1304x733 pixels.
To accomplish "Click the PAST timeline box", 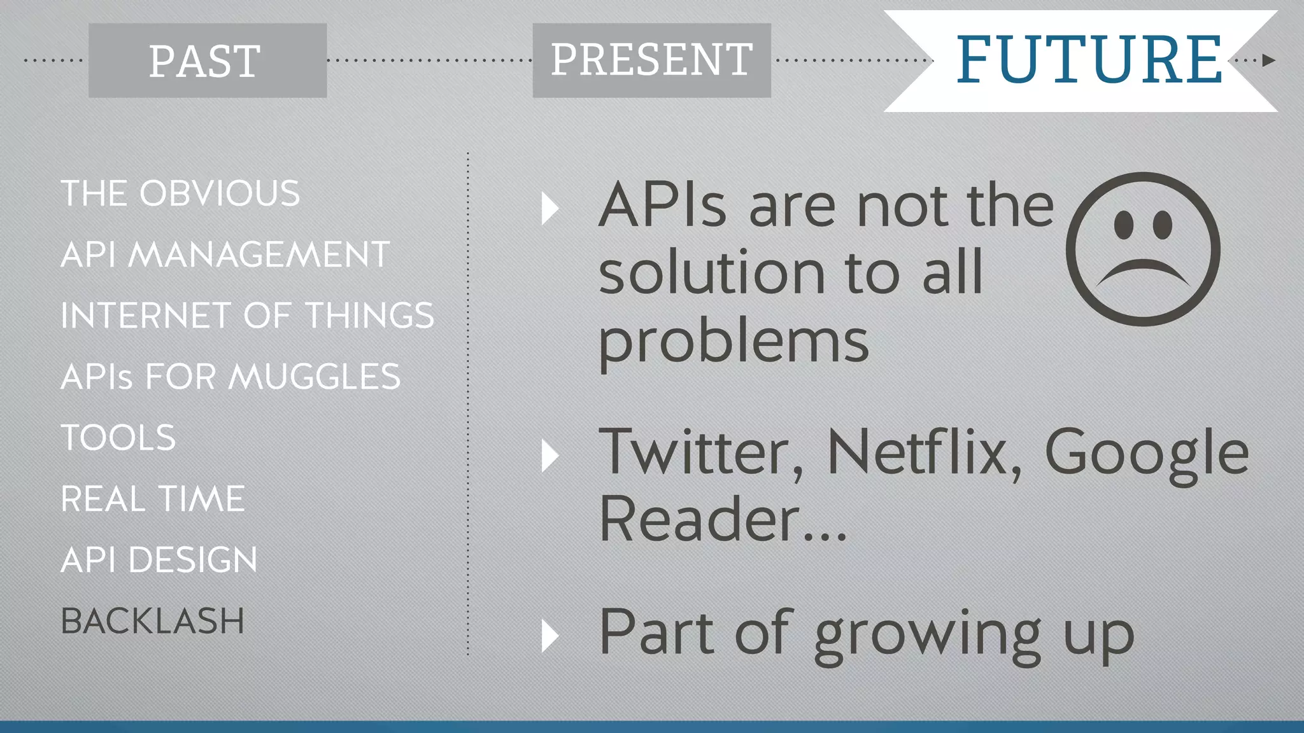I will coord(208,61).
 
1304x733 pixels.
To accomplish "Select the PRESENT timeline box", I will coord(651,60).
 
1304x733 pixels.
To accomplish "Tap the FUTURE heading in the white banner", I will coord(1089,60).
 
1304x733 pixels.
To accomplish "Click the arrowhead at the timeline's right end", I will coord(1268,60).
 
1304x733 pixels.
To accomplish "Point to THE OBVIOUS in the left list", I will coord(180,193).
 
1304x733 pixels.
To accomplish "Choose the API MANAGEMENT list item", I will coord(225,255).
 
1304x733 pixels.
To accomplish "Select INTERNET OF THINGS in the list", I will coord(247,316).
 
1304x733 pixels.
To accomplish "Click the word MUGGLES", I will coord(315,377).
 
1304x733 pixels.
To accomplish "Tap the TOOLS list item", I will coord(118,438).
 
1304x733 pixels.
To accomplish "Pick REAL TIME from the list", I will coord(153,499).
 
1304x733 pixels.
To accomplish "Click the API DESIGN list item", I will coord(159,560).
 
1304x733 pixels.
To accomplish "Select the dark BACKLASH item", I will coord(153,621).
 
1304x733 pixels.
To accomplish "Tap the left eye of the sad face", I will coord(1123,225).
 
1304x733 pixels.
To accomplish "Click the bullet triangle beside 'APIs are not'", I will coord(549,209).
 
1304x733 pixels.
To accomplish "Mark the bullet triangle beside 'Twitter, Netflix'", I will coord(549,456).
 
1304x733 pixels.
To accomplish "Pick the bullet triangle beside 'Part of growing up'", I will coord(549,636).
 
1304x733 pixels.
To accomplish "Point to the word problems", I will coord(733,344).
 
